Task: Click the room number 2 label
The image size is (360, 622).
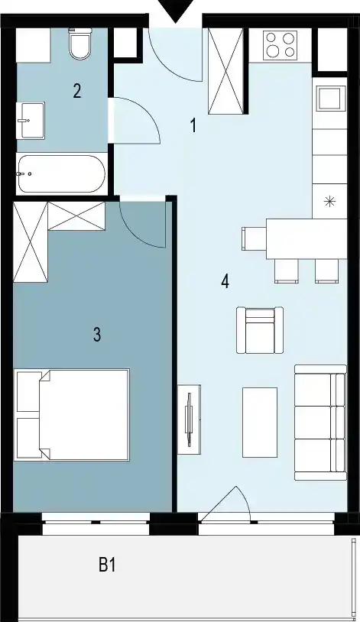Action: coord(77,91)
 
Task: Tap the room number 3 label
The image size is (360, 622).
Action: coord(97,335)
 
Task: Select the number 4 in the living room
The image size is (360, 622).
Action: coord(225,282)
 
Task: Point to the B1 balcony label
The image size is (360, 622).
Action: coord(107,565)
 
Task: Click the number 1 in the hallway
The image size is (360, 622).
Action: coord(193,126)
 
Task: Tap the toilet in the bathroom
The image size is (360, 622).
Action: coord(80,44)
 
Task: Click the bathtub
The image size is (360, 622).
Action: coord(61,173)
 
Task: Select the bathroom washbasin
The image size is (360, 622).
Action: coord(30,120)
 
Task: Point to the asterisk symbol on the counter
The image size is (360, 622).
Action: coord(329,202)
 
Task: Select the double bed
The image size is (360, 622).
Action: coord(72,415)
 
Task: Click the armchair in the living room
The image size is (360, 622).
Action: coord(260,330)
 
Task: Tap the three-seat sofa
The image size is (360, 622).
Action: coord(320,423)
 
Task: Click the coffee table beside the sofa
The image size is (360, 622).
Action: coord(260,423)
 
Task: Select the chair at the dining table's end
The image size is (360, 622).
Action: coord(254,239)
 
